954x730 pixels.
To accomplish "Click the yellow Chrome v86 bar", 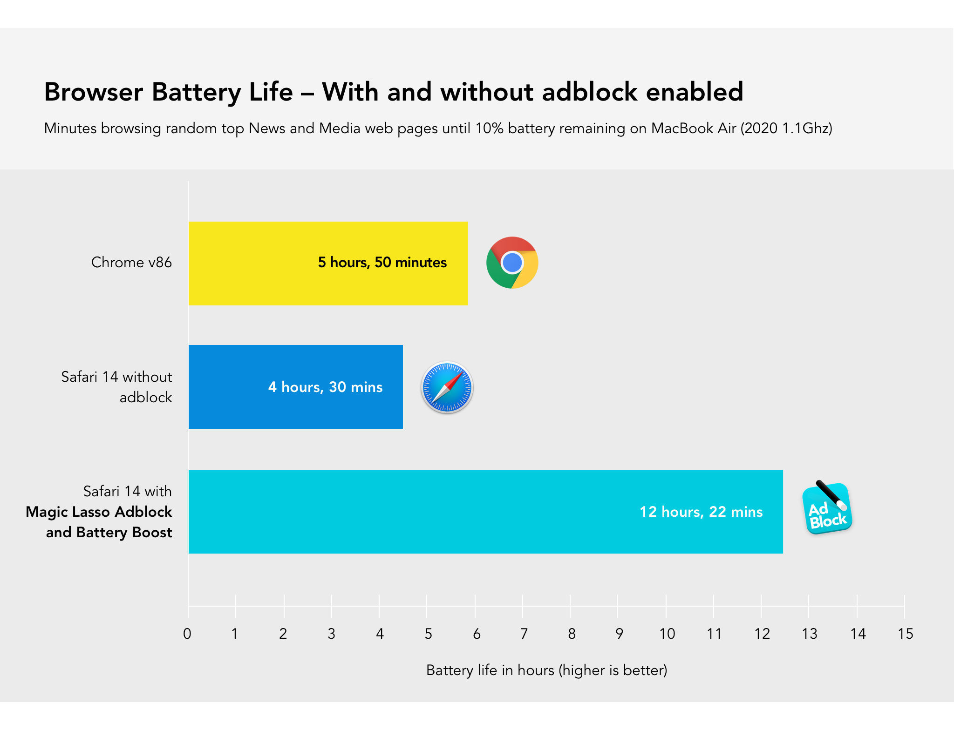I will click(x=252, y=263).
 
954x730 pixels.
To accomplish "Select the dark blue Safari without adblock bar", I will click(x=224, y=386).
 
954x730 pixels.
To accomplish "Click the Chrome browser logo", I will click(x=512, y=263).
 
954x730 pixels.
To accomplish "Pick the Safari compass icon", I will click(x=447, y=387).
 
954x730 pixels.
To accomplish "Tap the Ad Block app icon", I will click(x=827, y=508).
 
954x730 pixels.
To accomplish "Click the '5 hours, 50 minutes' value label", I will click(x=382, y=263).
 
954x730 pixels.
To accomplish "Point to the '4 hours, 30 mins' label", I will click(x=325, y=387).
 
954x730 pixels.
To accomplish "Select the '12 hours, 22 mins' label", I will click(x=701, y=512).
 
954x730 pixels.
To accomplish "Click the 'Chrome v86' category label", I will click(x=131, y=263).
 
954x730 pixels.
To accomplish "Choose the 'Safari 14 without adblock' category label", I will click(x=116, y=387).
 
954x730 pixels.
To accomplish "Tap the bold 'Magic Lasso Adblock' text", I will click(x=99, y=512).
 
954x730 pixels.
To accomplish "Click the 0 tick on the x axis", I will click(x=187, y=634).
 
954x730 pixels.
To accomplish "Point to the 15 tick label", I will click(x=905, y=634).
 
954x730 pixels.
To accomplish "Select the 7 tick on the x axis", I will click(x=524, y=634).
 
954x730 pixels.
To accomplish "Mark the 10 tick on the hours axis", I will click(x=667, y=634).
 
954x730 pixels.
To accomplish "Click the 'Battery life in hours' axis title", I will click(x=546, y=670).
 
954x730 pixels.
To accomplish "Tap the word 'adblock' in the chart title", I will click(x=589, y=92).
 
